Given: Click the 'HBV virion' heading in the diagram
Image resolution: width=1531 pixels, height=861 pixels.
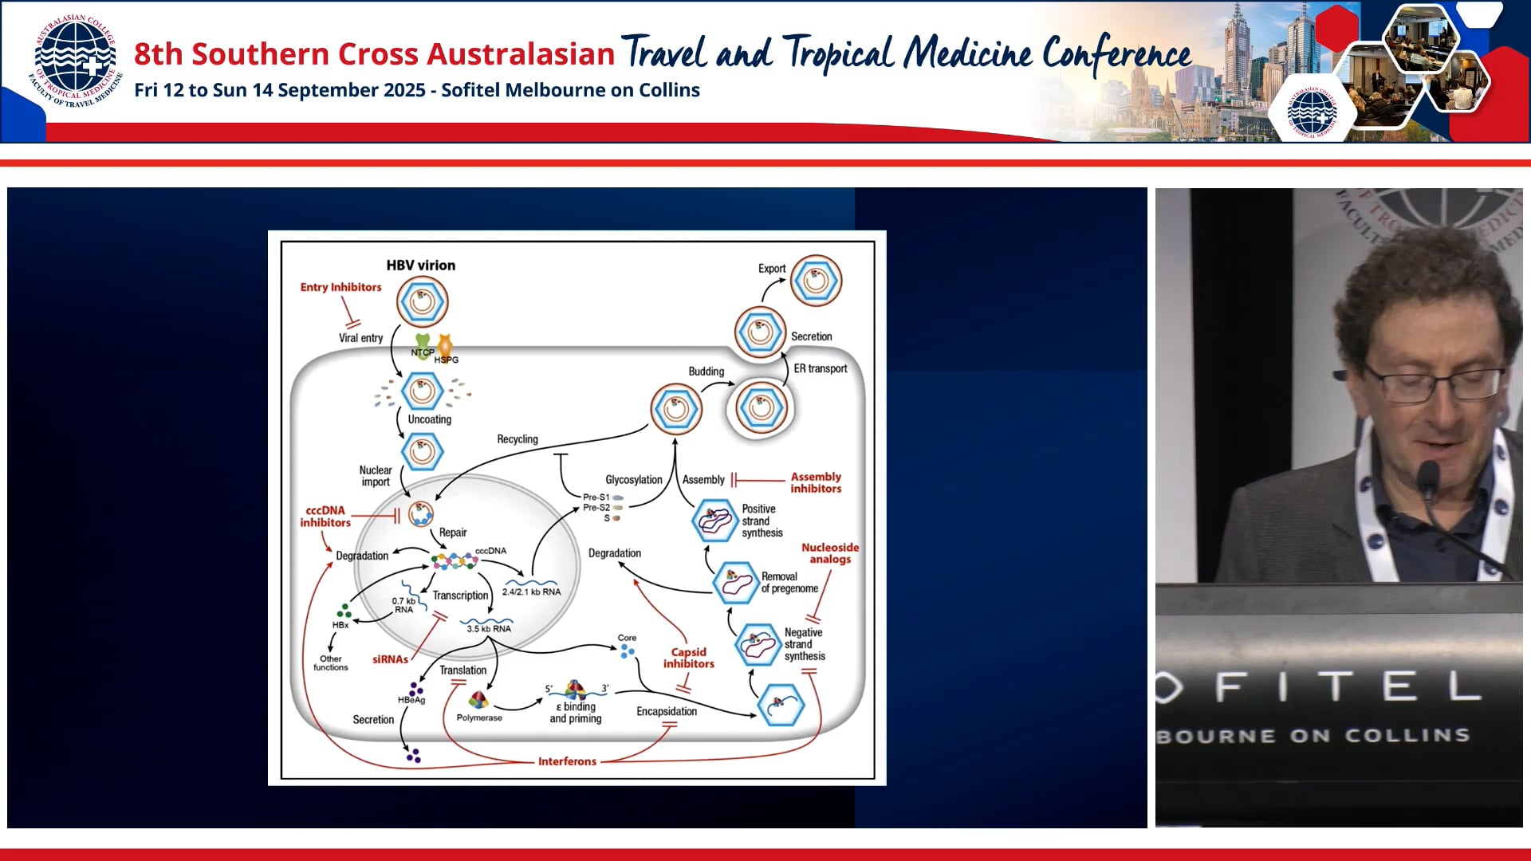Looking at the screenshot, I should pyautogui.click(x=420, y=265).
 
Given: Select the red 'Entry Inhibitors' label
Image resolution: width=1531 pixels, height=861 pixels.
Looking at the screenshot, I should pyautogui.click(x=340, y=287).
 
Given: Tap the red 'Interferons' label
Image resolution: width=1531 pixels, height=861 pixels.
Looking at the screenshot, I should pyautogui.click(x=567, y=761).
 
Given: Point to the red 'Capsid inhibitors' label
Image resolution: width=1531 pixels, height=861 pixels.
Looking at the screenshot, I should pyautogui.click(x=688, y=658).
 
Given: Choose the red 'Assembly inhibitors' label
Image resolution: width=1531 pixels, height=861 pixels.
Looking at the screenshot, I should pyautogui.click(x=816, y=482).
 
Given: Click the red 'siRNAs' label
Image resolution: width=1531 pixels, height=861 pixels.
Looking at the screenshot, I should pyautogui.click(x=390, y=659).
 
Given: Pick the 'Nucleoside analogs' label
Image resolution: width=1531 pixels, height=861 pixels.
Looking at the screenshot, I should pyautogui.click(x=829, y=553).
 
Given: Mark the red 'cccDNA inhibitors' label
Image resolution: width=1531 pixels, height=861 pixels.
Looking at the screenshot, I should pyautogui.click(x=325, y=517).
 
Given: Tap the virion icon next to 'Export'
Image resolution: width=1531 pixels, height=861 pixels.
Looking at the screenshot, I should pyautogui.click(x=816, y=281).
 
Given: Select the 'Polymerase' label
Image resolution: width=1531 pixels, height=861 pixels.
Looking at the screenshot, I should pyautogui.click(x=479, y=717).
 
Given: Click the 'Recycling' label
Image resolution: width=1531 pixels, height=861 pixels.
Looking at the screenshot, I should pyautogui.click(x=518, y=439).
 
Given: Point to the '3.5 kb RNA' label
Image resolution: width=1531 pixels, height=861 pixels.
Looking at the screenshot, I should pyautogui.click(x=489, y=629).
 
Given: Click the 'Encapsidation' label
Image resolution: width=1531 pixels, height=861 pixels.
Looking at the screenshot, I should pyautogui.click(x=667, y=711).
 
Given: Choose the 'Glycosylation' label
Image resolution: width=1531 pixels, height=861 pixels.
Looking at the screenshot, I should pyautogui.click(x=633, y=480).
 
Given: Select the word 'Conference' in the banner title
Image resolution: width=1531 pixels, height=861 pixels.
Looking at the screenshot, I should pyautogui.click(x=1116, y=54).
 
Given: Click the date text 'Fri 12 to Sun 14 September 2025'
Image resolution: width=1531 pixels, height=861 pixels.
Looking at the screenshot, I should pyautogui.click(x=279, y=90).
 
